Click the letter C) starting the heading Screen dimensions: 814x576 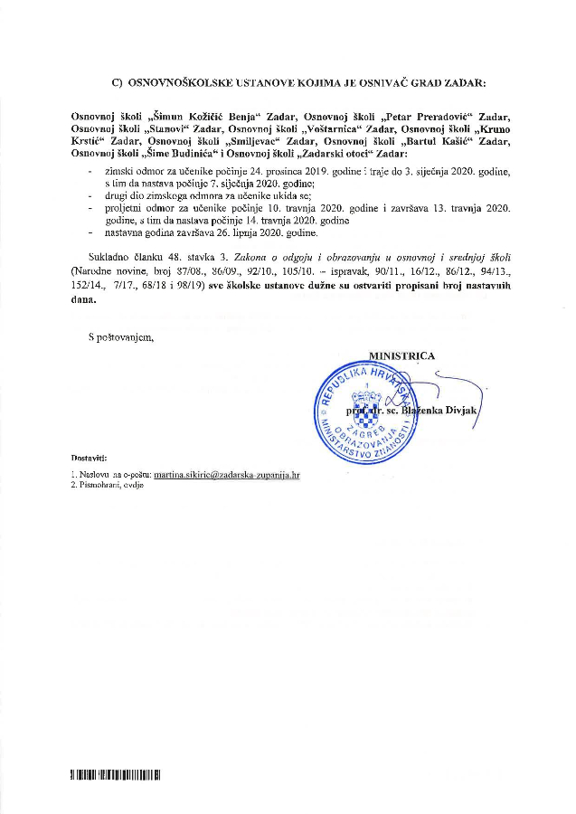click(x=117, y=82)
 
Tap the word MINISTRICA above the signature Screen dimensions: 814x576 click(x=402, y=355)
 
